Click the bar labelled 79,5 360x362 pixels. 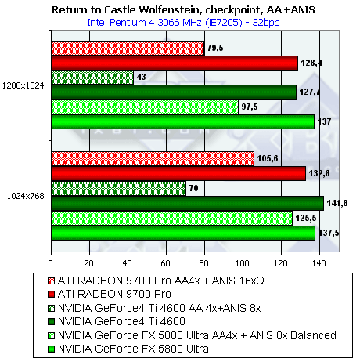(128, 49)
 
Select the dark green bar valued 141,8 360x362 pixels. (188, 204)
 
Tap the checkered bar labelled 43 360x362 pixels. (92, 78)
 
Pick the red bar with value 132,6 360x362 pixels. (178, 174)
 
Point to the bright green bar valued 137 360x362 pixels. (183, 122)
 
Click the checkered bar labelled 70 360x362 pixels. (119, 189)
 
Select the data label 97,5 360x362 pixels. (250, 107)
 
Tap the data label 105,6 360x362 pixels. (268, 158)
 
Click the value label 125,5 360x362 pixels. (306, 218)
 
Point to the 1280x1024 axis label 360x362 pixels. (23, 85)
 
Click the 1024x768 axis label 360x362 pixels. (26, 196)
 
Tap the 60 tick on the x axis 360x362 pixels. (165, 263)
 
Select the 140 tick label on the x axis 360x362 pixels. (319, 263)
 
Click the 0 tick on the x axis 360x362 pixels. (50, 263)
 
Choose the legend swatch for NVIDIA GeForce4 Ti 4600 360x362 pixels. (52, 322)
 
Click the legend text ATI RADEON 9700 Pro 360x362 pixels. (114, 295)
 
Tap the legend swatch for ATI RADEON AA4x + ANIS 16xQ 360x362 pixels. (52, 281)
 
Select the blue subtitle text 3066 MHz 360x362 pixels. (180, 23)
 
